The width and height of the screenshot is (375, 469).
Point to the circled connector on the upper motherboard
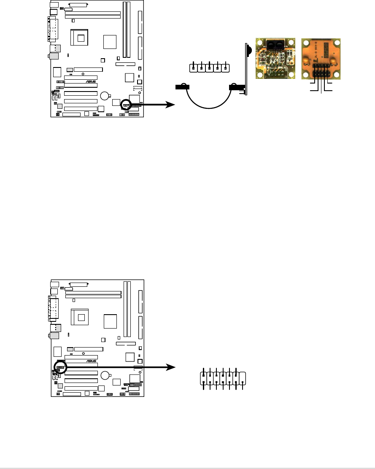pyautogui.click(x=126, y=104)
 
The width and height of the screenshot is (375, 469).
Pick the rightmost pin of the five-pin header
pyautogui.click(x=226, y=67)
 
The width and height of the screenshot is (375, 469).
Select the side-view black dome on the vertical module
pyautogui.click(x=249, y=49)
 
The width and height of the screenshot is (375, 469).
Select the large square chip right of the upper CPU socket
pyautogui.click(x=110, y=42)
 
